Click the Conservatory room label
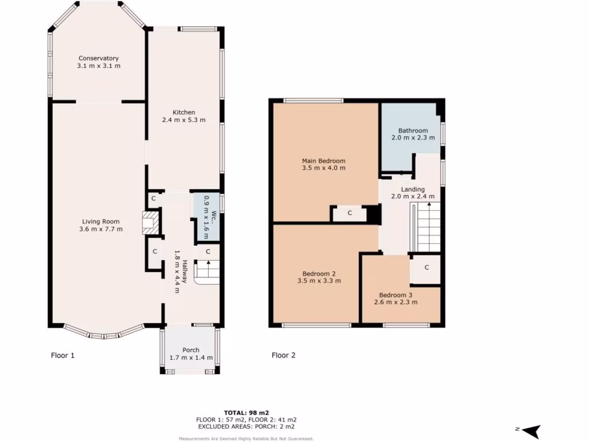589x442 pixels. coord(98,58)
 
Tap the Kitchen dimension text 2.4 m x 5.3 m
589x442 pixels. coord(183,120)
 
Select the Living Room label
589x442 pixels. coord(101,222)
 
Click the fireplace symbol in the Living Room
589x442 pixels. coord(149,223)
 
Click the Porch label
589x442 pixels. coord(191,350)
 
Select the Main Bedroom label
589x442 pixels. coord(323,161)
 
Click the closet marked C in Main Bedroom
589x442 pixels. coord(350,214)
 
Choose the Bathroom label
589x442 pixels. coord(413,131)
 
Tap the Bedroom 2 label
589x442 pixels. coord(319,273)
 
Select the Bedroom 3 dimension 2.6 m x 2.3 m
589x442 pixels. coord(396,302)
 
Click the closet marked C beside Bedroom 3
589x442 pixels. coord(427,268)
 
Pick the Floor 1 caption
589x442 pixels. coord(63,356)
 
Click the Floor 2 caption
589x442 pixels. coord(284,356)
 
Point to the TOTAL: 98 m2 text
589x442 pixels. coord(247,413)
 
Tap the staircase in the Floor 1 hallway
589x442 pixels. coord(207,272)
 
